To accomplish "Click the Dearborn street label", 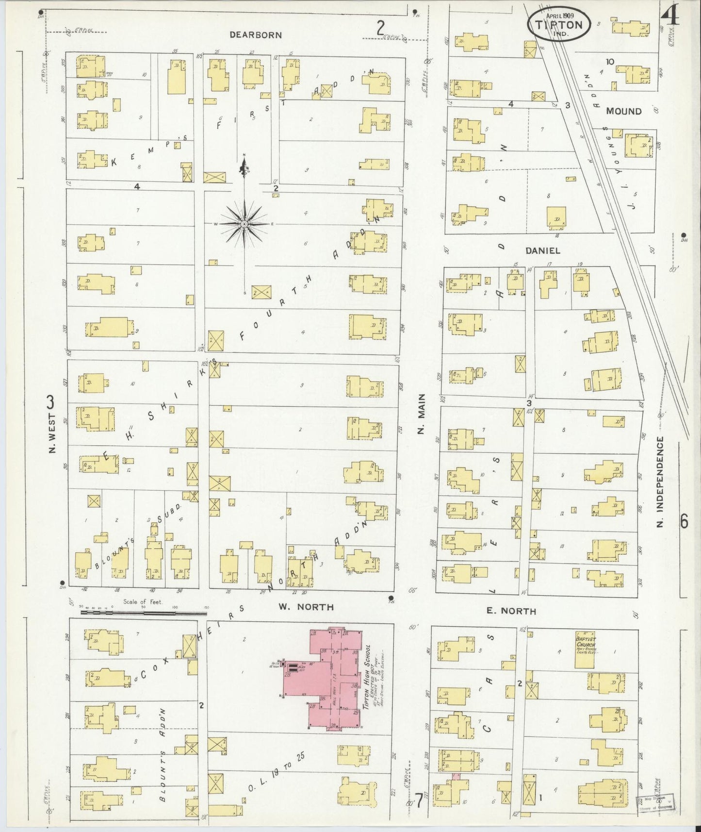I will point(255,35).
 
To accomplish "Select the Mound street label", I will point(624,111).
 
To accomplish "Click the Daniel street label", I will point(543,251).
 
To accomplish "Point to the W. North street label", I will point(306,607).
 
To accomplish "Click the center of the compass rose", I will point(244,224).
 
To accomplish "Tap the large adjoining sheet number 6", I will point(684,521).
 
